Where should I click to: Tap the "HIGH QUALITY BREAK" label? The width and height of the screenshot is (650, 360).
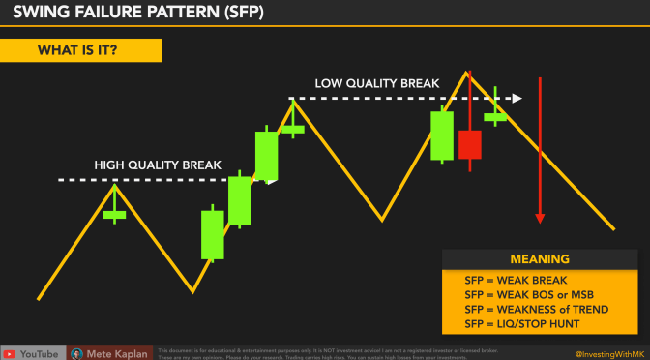(x=158, y=165)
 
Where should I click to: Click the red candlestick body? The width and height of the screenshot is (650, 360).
(x=470, y=144)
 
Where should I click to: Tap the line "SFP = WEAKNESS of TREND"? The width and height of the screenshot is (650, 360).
(x=533, y=308)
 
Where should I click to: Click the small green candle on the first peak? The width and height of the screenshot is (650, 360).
(x=115, y=214)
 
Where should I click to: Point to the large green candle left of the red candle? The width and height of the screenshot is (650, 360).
(x=442, y=135)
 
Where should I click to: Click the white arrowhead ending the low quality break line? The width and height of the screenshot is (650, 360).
(x=517, y=98)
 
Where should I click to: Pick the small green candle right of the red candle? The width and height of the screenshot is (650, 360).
(x=495, y=116)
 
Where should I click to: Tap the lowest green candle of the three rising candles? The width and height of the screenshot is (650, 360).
(x=213, y=235)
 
